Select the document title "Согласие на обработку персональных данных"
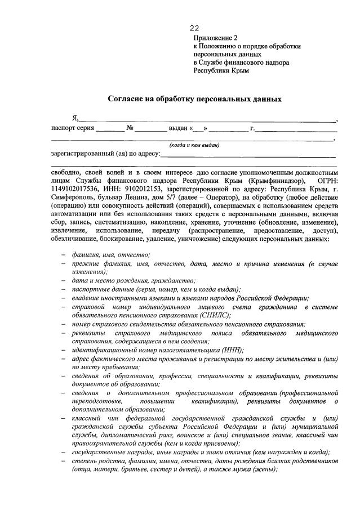click(x=194, y=98)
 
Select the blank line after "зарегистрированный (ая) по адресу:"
click(x=248, y=154)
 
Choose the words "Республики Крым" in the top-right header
click(x=221, y=71)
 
